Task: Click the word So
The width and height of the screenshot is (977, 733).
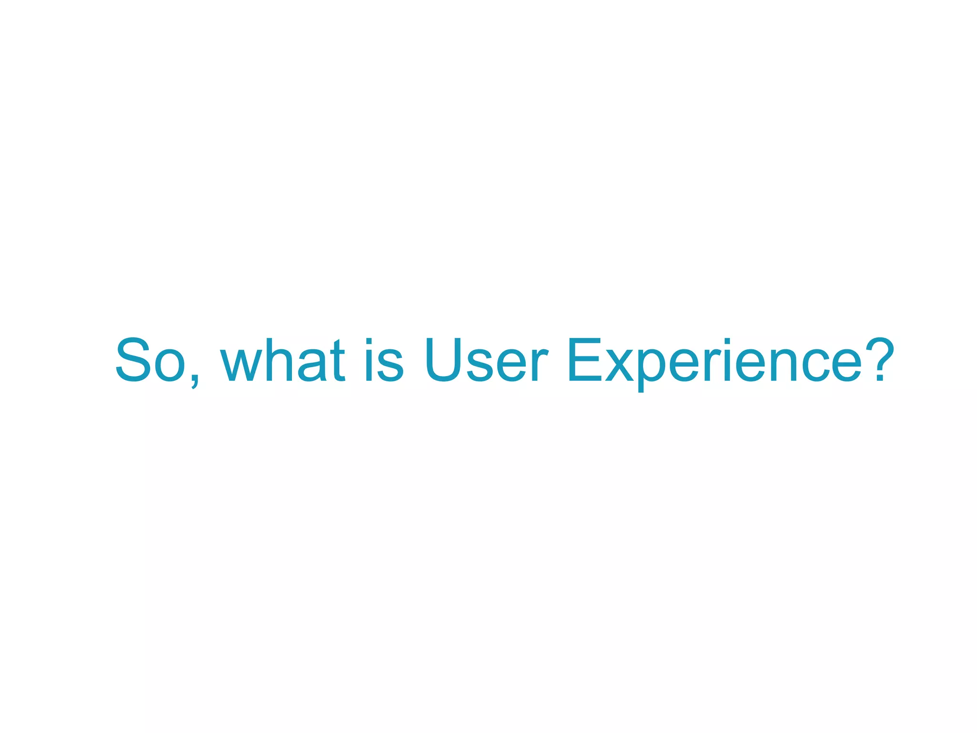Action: point(150,360)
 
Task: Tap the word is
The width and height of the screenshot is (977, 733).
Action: point(385,360)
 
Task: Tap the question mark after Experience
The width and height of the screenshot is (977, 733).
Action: point(878,360)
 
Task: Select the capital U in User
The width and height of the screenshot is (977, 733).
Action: point(444,360)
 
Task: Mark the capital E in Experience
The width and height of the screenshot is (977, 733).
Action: point(585,360)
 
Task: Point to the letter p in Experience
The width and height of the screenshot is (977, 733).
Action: point(653,370)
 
